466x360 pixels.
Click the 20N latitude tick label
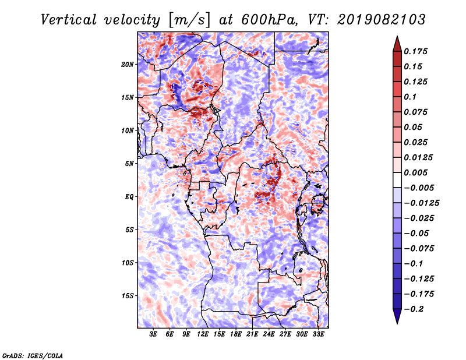(128, 65)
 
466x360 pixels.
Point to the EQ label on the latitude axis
(129, 197)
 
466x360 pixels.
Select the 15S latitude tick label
(128, 296)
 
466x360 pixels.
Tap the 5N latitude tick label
(129, 164)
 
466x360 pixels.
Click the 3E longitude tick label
(153, 334)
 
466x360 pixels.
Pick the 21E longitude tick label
(252, 334)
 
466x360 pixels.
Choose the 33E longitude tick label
(318, 334)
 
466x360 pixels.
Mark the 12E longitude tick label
(202, 334)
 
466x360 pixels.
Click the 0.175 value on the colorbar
(415, 51)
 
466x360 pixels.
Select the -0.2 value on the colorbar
(414, 309)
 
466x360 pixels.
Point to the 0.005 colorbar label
(415, 172)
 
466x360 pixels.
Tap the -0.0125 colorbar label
(421, 203)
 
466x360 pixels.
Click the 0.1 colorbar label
(410, 97)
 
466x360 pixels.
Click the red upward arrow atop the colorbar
(397, 44)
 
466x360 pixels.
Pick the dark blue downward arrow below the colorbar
(397, 316)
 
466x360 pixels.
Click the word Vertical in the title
(69, 20)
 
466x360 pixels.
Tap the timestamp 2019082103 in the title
(382, 20)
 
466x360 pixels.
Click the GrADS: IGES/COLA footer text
(33, 356)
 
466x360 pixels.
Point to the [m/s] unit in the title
(189, 20)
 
